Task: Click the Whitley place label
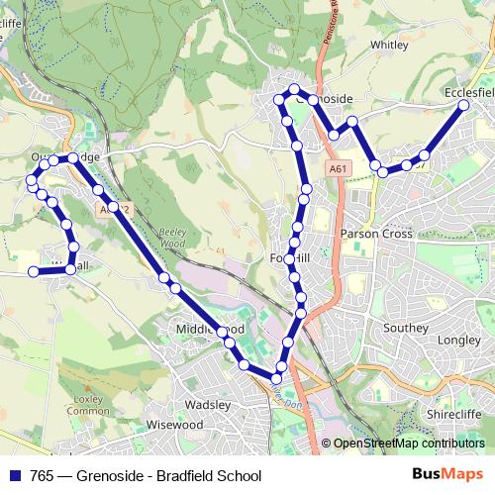point(389,45)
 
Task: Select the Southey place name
point(406,328)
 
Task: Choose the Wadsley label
point(207,404)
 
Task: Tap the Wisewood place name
point(174,424)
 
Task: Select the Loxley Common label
point(88,405)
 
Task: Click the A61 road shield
point(339,169)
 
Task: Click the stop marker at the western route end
point(33,271)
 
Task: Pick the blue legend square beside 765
point(15,475)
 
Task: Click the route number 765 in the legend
point(43,475)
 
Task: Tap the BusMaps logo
point(447,474)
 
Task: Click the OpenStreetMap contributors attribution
point(409,444)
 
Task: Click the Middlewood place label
point(209,328)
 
